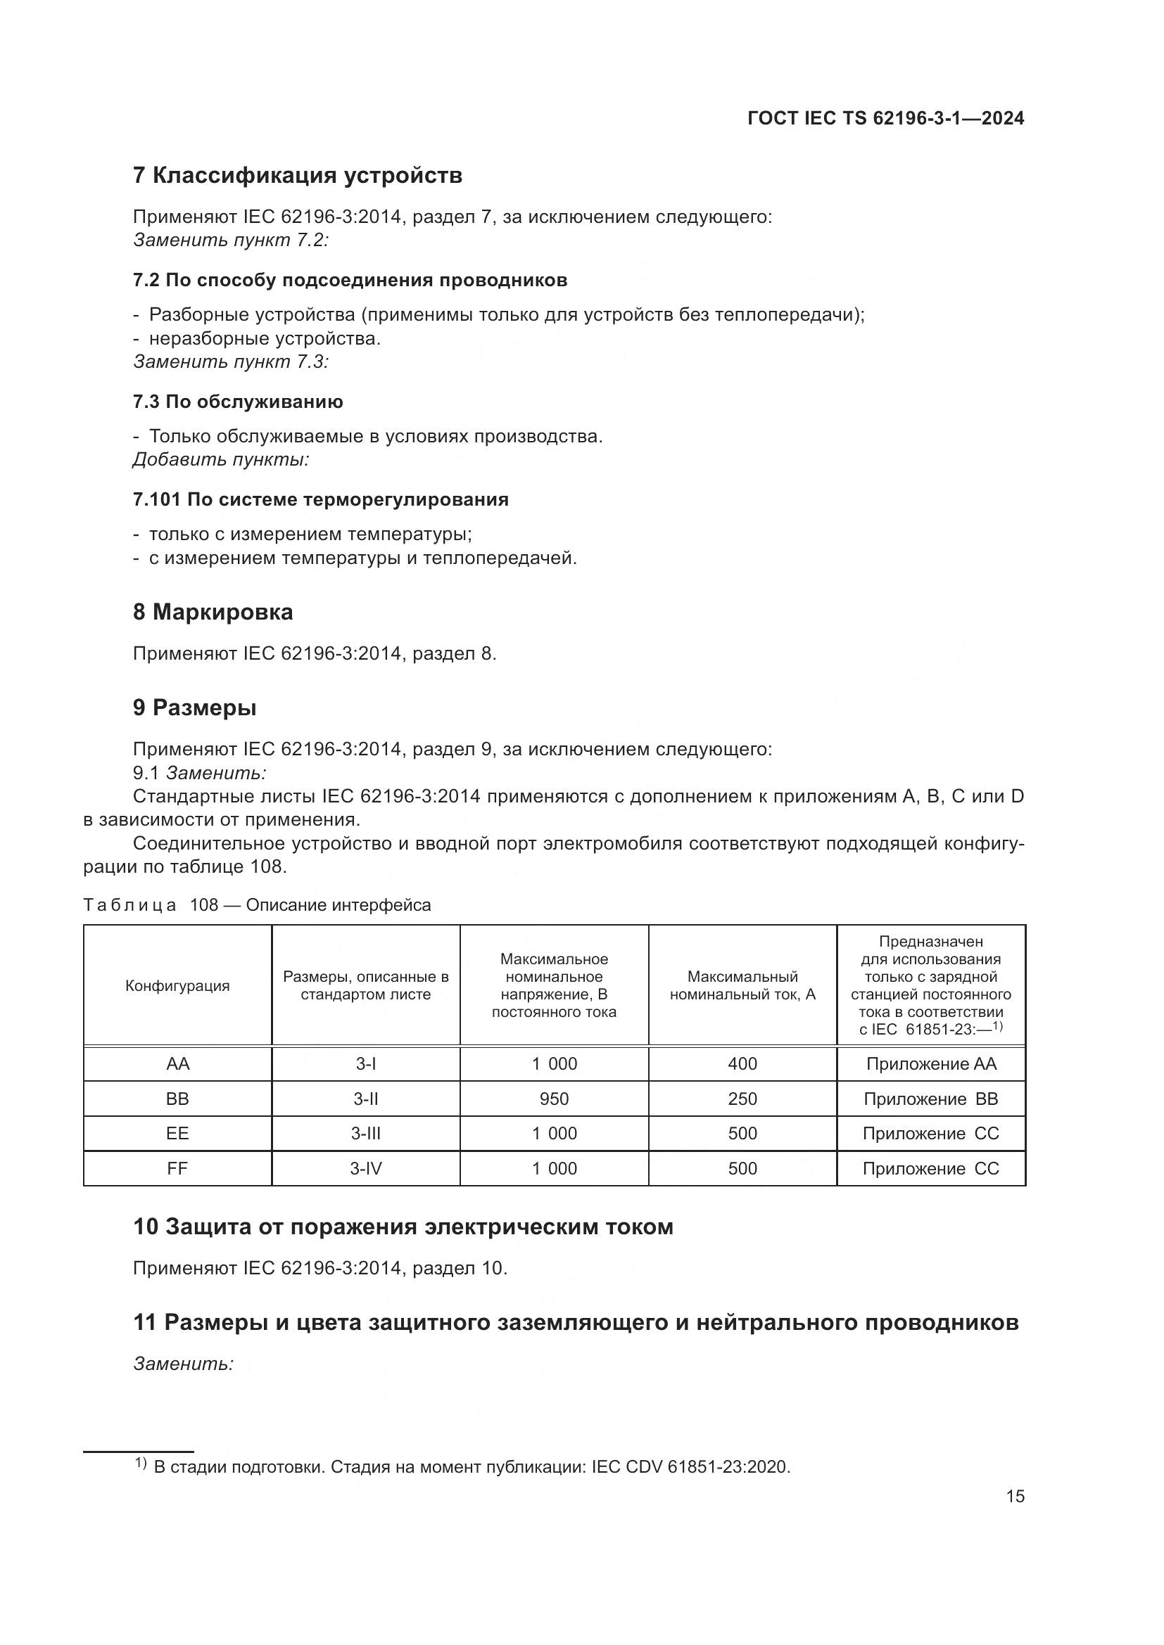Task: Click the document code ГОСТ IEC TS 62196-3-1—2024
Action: pyautogui.click(x=885, y=118)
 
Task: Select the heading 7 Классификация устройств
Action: pyautogui.click(x=298, y=176)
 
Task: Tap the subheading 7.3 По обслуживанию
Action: pyautogui.click(x=238, y=402)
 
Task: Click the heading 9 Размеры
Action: pyautogui.click(x=195, y=708)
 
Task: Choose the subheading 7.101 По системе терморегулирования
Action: pyautogui.click(x=321, y=499)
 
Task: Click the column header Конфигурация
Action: pyautogui.click(x=177, y=986)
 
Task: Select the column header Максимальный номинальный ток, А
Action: pyautogui.click(x=742, y=986)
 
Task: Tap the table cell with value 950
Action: pyautogui.click(x=554, y=1099)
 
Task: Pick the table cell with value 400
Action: pyautogui.click(x=742, y=1064)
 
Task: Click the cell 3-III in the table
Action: pyautogui.click(x=365, y=1134)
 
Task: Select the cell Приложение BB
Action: pyautogui.click(x=930, y=1099)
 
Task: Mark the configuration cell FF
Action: pyautogui.click(x=177, y=1169)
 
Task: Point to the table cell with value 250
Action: pyautogui.click(x=742, y=1099)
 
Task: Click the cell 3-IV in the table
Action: pyautogui.click(x=365, y=1169)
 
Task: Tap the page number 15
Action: pyautogui.click(x=1015, y=1496)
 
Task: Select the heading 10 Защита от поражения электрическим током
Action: pyautogui.click(x=403, y=1227)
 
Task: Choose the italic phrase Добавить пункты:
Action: pyautogui.click(x=221, y=459)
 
